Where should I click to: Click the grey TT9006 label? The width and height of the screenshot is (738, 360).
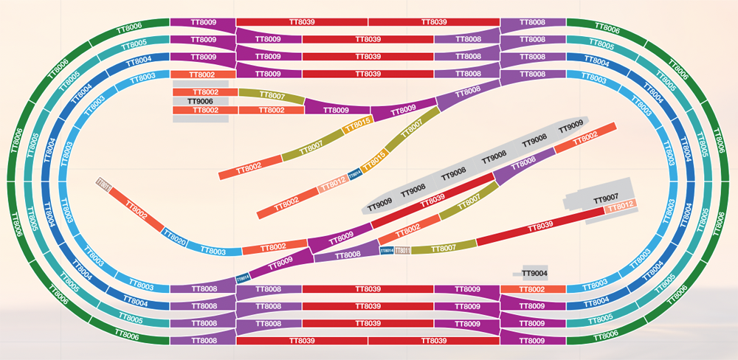click(200, 101)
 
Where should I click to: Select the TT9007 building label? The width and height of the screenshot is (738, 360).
click(605, 200)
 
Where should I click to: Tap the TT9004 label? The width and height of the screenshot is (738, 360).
click(534, 273)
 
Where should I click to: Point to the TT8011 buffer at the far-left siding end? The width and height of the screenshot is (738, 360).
click(103, 184)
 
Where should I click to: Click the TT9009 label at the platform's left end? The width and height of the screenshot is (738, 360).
click(379, 203)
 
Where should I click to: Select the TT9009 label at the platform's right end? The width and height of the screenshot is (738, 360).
click(571, 128)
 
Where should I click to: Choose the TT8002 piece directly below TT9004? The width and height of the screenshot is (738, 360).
click(532, 289)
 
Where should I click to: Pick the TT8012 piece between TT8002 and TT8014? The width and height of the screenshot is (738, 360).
click(333, 181)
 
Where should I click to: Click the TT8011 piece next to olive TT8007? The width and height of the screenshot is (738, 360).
click(401, 251)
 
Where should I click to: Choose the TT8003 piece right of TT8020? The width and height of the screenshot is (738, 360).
click(215, 252)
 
